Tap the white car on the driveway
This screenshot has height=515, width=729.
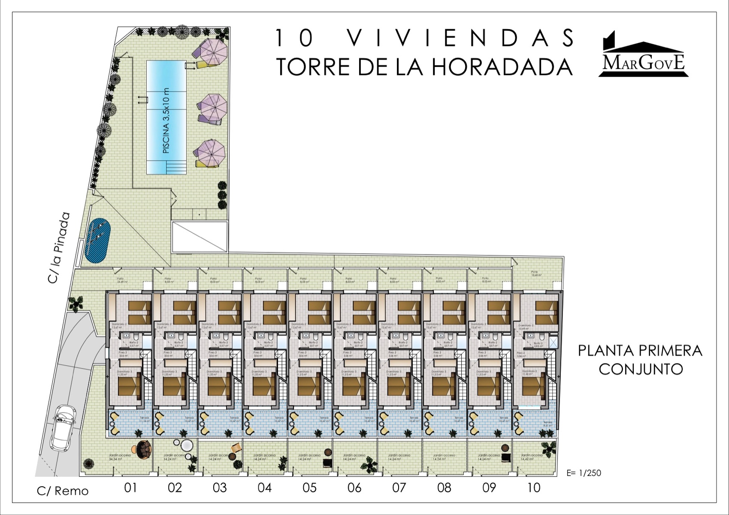pos(63,427)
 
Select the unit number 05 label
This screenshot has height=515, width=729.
pos(309,488)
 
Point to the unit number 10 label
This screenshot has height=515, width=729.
pos(533,488)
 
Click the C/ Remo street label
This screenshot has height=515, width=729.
pos(63,491)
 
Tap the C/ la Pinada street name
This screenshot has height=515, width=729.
pos(59,248)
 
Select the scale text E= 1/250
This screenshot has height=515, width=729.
pos(584,473)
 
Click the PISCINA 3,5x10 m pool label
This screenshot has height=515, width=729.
pos(166,121)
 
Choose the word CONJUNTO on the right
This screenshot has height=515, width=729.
pos(641,369)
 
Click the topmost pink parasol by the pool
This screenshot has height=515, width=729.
pos(212,51)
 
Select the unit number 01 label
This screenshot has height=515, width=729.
pos(130,488)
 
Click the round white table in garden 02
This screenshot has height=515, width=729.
pos(186,445)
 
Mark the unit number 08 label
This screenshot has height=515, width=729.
pos(444,488)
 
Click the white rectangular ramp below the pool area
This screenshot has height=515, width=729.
pos(200,237)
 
